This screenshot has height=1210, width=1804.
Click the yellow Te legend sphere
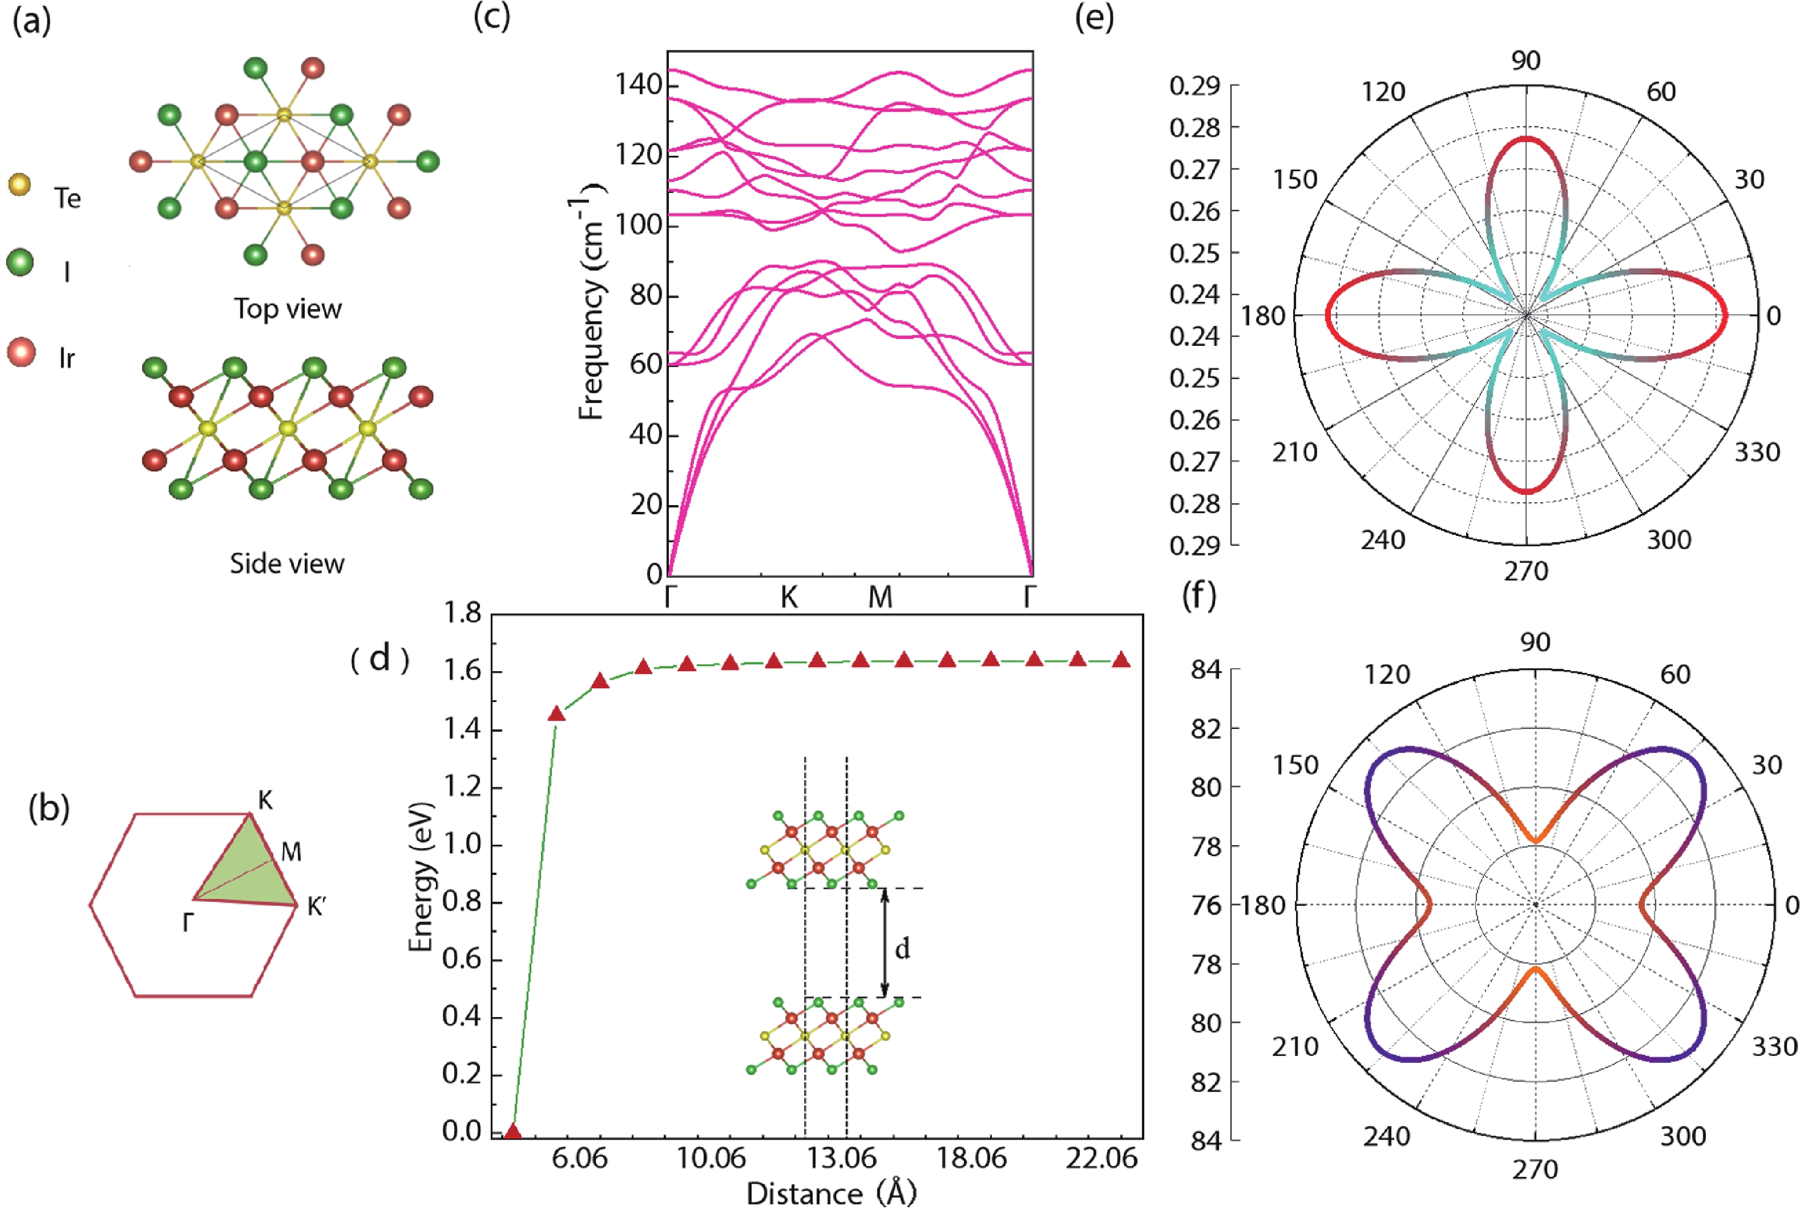19,185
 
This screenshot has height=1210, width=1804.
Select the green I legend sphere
20,262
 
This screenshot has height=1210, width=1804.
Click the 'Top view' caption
288,309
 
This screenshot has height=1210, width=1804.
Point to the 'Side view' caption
287,563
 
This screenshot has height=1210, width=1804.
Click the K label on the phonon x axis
789,597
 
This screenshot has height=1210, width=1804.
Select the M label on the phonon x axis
880,597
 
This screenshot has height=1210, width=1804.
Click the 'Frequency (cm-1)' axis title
591,301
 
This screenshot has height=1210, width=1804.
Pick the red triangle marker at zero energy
513,1132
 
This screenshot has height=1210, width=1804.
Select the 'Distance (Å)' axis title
831,1193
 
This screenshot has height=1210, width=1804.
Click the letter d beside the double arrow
903,948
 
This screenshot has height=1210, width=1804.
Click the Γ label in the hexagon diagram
187,921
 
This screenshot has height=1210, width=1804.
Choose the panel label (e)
1094,18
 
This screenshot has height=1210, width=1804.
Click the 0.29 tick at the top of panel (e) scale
1195,86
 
